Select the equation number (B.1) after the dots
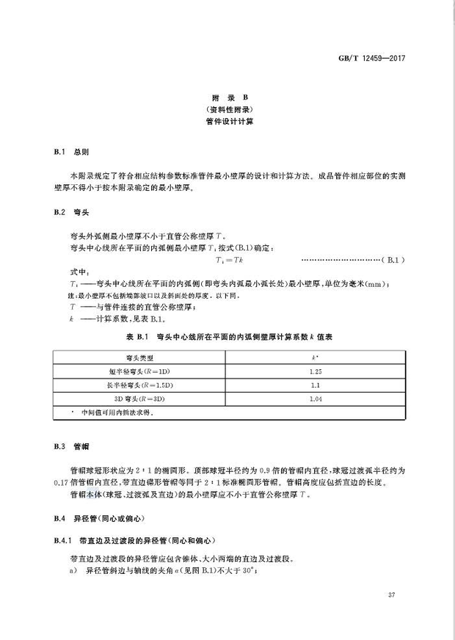point(391,260)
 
